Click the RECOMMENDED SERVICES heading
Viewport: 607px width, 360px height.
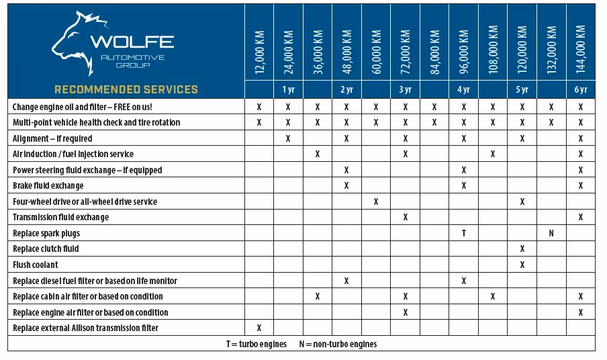pos(126,89)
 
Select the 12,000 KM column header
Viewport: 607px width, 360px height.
pos(260,51)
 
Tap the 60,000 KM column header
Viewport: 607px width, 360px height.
pos(377,51)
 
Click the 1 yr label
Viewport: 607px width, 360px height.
pos(288,89)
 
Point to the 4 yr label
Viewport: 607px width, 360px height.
pos(464,89)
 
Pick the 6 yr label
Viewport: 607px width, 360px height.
pos(581,89)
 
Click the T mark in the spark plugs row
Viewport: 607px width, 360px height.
pos(464,233)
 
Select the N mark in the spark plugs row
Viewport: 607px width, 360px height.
pos(551,233)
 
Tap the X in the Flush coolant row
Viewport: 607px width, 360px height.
pos(522,265)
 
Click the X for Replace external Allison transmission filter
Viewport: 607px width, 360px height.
pos(259,328)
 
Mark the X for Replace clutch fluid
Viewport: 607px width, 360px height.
pos(522,249)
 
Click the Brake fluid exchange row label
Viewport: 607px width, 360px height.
pos(48,185)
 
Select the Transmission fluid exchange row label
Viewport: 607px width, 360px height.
pos(60,217)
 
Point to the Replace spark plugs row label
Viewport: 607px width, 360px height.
pos(46,233)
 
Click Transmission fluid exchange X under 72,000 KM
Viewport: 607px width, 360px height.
pos(406,217)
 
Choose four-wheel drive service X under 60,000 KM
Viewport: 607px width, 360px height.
pos(377,201)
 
